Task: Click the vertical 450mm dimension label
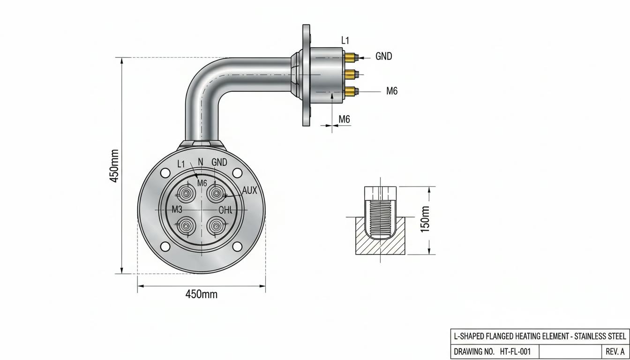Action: [x=113, y=166]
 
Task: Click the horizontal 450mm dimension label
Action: [x=202, y=294]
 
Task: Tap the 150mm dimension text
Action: [x=425, y=219]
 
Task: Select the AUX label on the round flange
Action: [x=249, y=190]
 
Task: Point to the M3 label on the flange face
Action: [x=177, y=209]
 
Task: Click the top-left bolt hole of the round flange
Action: [x=165, y=172]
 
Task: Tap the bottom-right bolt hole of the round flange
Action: [x=237, y=247]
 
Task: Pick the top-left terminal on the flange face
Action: [x=186, y=194]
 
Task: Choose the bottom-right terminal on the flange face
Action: [x=216, y=226]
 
